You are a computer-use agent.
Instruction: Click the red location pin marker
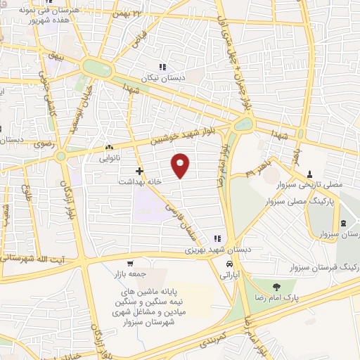point(181,165)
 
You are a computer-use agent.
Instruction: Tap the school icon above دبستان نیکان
point(162,67)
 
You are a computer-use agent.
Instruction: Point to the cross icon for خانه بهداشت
point(140,170)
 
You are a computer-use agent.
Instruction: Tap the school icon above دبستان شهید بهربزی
point(217,238)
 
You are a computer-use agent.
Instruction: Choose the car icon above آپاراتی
point(230,264)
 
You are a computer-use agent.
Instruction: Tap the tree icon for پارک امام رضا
point(274,286)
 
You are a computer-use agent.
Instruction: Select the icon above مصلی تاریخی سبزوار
point(310,174)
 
